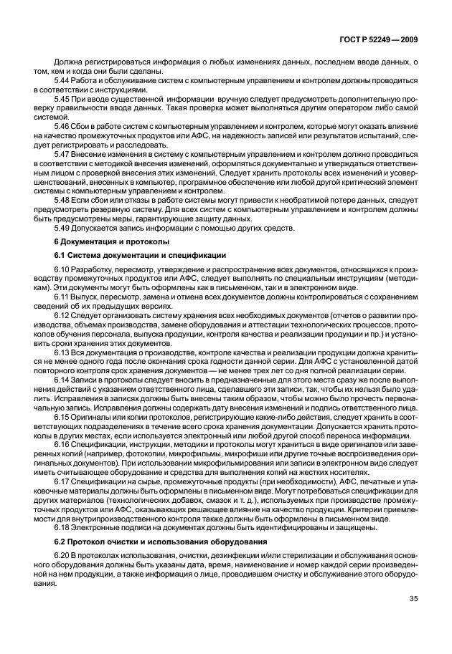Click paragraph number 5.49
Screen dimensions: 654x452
[x=63, y=228]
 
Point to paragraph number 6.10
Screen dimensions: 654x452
[x=63, y=271]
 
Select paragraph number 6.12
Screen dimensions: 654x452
[x=63, y=314]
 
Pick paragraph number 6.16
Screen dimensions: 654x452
[x=63, y=445]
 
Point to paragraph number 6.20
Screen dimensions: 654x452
[x=63, y=557]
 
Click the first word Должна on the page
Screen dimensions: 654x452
[x=69, y=64]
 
